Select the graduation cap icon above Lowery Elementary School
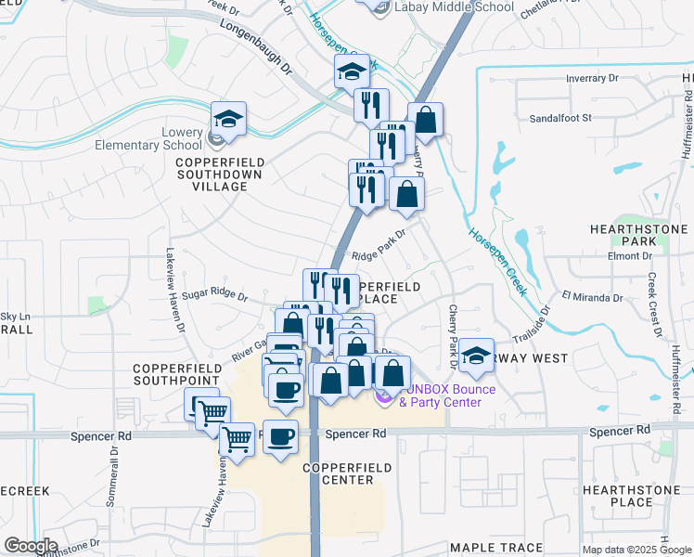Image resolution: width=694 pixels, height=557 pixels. click(x=228, y=119)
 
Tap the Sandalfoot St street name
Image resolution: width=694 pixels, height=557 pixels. click(x=559, y=119)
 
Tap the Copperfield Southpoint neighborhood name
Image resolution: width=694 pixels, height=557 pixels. click(x=176, y=374)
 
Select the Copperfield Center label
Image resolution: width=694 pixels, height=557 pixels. click(x=339, y=473)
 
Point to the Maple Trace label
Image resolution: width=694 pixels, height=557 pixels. click(x=489, y=549)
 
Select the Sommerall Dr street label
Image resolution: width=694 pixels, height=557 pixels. click(x=114, y=475)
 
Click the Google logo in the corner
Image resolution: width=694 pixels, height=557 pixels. click(x=30, y=546)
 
